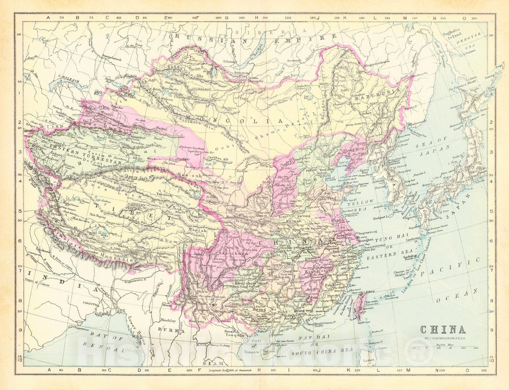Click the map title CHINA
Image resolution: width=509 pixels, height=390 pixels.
[443, 329]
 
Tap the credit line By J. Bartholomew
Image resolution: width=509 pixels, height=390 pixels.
[443, 338]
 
